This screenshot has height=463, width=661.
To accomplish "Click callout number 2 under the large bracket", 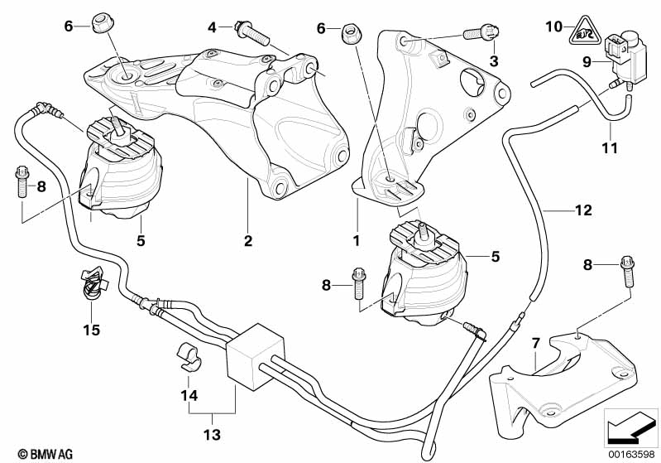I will click(x=247, y=242).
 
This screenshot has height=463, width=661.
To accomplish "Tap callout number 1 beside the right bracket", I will click(x=357, y=242).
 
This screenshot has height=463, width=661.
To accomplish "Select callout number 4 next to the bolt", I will click(x=212, y=27).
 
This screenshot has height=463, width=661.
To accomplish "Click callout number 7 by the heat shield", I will click(x=536, y=342).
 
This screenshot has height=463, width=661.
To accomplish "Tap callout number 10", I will click(x=553, y=27).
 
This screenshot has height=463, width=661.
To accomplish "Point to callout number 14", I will click(x=190, y=396).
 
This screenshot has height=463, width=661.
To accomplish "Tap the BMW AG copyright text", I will click(x=31, y=454).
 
